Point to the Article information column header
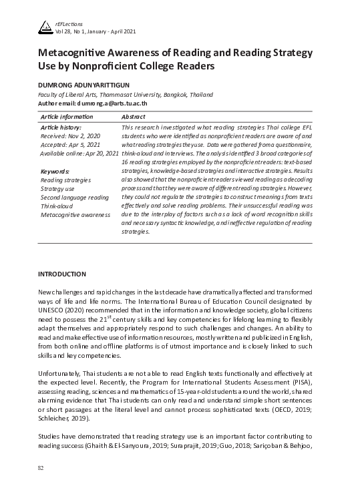point(67,117)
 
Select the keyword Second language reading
point(74,198)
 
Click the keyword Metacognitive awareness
point(75,215)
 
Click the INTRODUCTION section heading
point(62,274)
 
